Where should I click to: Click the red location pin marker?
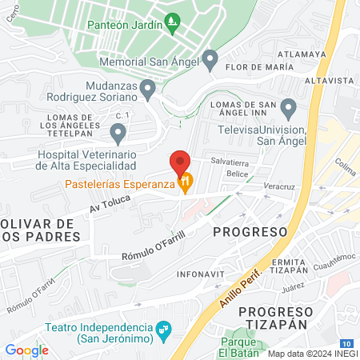180,160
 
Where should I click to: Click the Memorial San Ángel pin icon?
210,58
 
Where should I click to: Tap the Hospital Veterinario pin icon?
118,132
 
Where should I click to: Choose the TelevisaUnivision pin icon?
288,107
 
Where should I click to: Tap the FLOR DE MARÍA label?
256,67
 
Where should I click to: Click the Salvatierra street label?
230,160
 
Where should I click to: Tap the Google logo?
26,350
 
